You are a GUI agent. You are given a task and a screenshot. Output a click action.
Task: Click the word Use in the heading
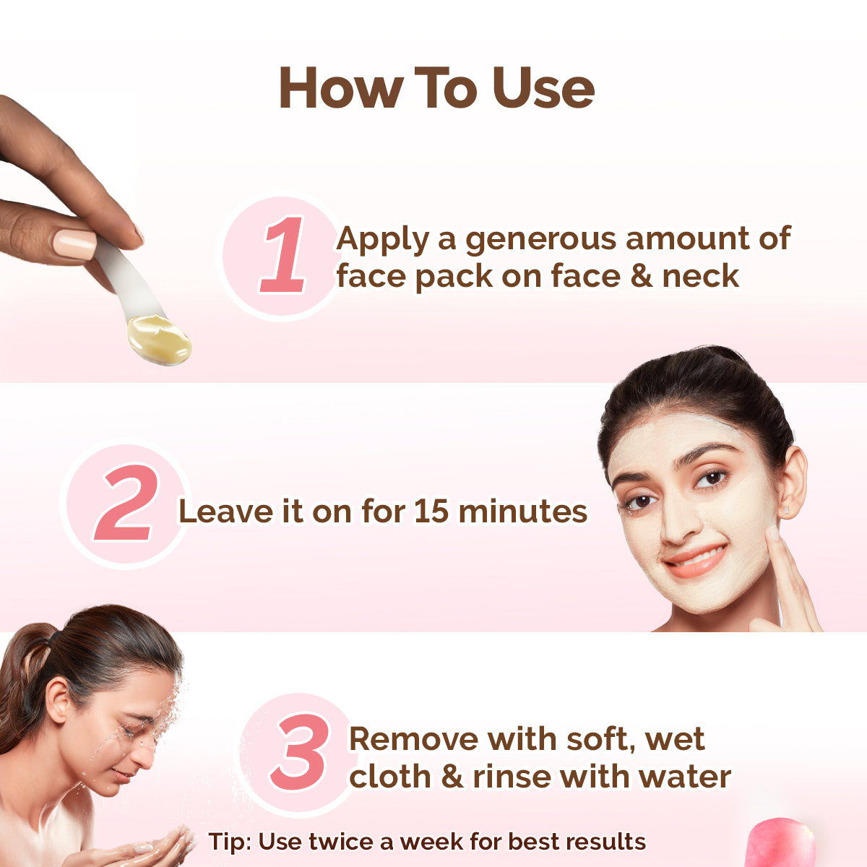[x=543, y=88]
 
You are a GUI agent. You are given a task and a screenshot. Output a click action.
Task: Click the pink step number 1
[x=283, y=256]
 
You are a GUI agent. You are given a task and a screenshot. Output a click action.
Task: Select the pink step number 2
[x=126, y=504]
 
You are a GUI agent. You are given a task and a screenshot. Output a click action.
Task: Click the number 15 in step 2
[x=431, y=512]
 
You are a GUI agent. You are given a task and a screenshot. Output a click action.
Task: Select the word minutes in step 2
[x=522, y=512]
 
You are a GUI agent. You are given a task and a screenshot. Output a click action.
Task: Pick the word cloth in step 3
[x=390, y=777]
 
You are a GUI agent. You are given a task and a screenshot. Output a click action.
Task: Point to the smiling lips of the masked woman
[x=695, y=560]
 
